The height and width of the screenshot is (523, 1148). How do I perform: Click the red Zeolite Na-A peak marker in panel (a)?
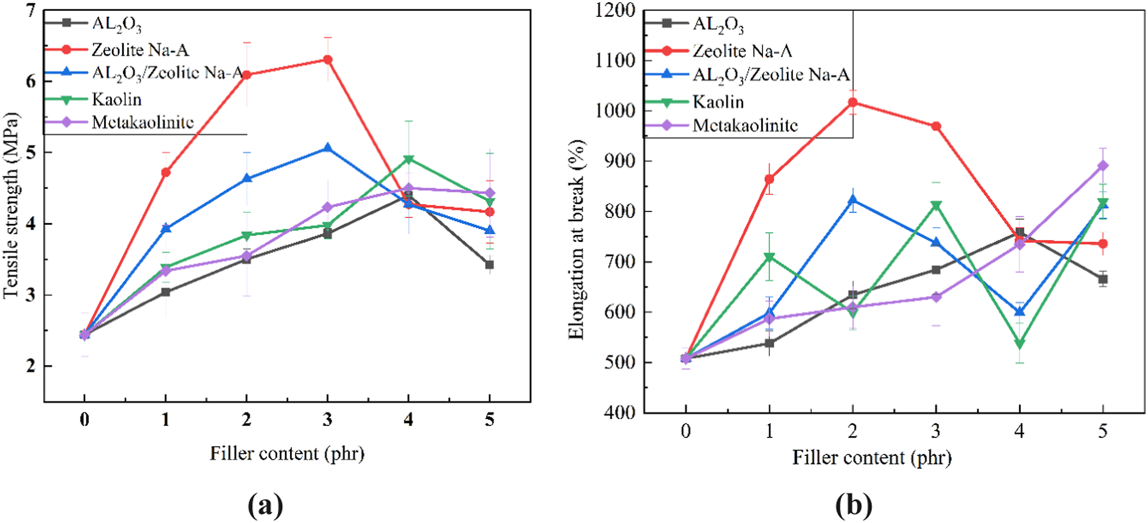(x=328, y=60)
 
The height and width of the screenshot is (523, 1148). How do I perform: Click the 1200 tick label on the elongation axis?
(x=615, y=10)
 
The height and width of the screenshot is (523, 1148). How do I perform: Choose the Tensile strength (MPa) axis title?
(x=11, y=205)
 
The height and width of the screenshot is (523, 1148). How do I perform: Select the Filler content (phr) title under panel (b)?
(x=872, y=457)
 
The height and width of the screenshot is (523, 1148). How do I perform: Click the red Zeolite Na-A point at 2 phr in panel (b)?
(x=852, y=102)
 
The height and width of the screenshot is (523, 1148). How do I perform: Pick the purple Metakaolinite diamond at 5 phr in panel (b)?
(x=1103, y=166)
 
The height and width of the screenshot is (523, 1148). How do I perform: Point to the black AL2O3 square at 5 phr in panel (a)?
(x=489, y=265)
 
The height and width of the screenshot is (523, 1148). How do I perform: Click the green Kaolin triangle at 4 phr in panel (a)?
(x=409, y=159)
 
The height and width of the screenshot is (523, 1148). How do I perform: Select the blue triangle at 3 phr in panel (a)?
(x=328, y=148)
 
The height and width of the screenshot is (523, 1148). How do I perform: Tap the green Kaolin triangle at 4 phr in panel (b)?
(x=1020, y=344)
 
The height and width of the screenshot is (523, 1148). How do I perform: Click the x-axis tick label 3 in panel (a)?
(x=328, y=419)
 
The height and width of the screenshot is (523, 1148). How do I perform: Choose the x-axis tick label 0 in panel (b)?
(x=686, y=431)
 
